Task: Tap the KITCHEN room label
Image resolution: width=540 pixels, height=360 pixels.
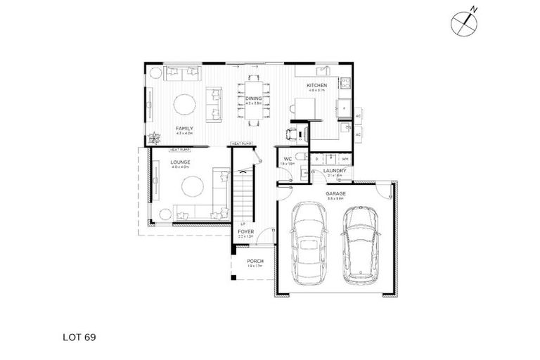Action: pos(316,86)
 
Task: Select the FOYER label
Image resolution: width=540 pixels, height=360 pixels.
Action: pos(244,231)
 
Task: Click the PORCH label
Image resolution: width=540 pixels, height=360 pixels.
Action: pos(255,261)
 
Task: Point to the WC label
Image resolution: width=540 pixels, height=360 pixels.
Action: pos(288,160)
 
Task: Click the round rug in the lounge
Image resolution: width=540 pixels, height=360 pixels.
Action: pos(191,187)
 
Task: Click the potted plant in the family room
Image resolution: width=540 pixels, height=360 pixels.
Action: pos(154,139)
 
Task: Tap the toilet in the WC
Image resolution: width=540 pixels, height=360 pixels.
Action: pos(300,157)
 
